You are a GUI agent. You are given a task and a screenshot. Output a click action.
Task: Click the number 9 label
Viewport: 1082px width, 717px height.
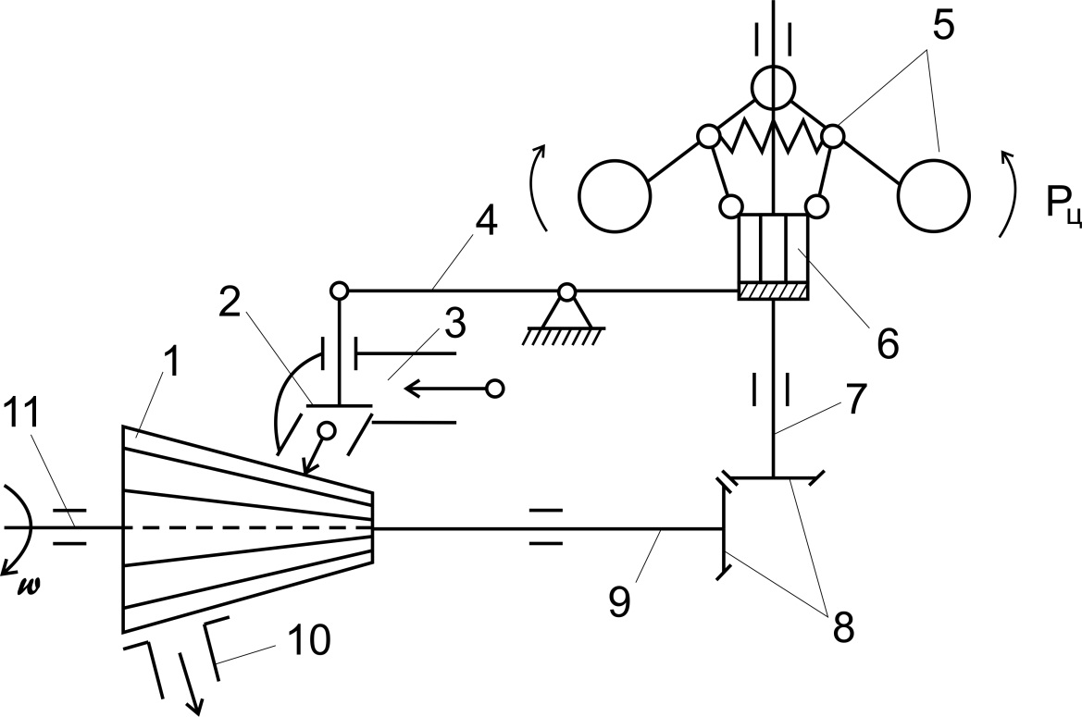pos(619,600)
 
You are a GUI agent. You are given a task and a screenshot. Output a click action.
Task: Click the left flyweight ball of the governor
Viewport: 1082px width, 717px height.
pos(614,196)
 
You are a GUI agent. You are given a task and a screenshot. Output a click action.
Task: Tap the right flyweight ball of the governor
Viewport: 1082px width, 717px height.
pos(934,196)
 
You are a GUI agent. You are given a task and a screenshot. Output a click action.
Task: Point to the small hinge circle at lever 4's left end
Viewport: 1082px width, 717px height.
pos(339,291)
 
